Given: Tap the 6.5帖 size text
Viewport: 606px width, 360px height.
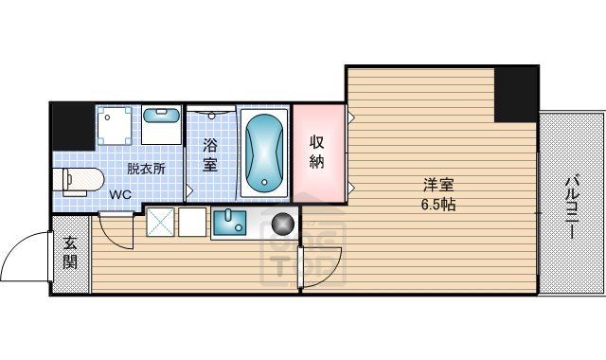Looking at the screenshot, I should pyautogui.click(x=437, y=204).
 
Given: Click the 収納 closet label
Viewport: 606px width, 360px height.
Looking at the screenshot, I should pyautogui.click(x=317, y=152).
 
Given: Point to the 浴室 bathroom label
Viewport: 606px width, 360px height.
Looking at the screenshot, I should pyautogui.click(x=209, y=154).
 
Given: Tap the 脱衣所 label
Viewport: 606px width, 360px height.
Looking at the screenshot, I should pyautogui.click(x=147, y=170).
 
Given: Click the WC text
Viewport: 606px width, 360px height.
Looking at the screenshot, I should pyautogui.click(x=119, y=195).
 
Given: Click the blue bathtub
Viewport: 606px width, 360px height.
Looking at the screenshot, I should pyautogui.click(x=263, y=152).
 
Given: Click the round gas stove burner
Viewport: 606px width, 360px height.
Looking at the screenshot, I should pyautogui.click(x=282, y=225).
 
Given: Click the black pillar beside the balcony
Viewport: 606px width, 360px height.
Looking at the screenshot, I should pyautogui.click(x=515, y=94).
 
